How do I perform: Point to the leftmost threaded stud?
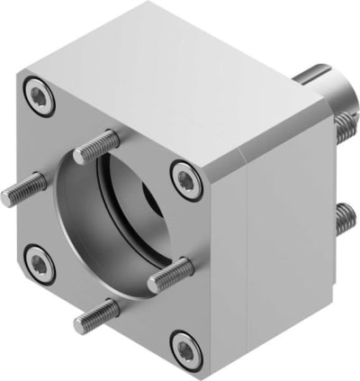[x=22, y=188]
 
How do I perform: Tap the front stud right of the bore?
[x=171, y=273]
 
